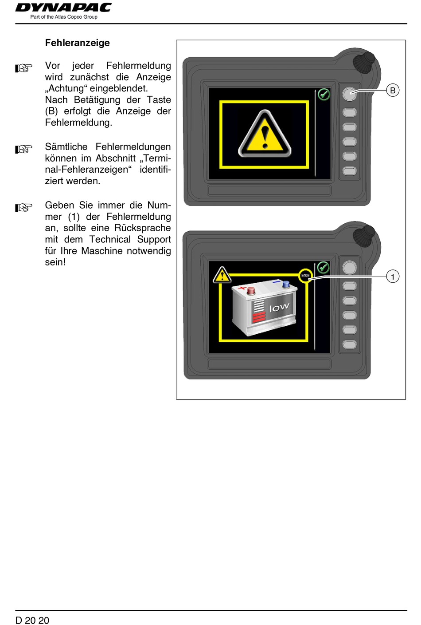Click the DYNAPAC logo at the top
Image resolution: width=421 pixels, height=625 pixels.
(63, 8)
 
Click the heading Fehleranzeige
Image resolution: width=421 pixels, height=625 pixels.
(78, 43)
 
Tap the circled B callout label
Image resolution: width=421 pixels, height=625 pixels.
(392, 91)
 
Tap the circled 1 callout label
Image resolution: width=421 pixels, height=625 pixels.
(392, 277)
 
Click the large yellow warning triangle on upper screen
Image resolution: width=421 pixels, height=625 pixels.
(265, 134)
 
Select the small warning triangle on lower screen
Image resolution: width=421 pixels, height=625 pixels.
(222, 275)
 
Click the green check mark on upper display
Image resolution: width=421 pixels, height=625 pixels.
(324, 94)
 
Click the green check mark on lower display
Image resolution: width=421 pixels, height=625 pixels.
(323, 267)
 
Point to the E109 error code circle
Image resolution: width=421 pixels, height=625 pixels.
(305, 276)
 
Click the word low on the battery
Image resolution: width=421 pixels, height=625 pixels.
(279, 307)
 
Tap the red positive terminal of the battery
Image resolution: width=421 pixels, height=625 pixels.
(250, 291)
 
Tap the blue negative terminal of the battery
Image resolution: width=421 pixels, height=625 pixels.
(286, 284)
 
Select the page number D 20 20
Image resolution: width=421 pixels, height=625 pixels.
(32, 620)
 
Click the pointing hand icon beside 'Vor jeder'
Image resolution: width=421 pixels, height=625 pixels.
(24, 68)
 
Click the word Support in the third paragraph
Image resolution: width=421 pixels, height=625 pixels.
(154, 240)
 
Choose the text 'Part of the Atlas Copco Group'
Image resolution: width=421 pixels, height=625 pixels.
(64, 17)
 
